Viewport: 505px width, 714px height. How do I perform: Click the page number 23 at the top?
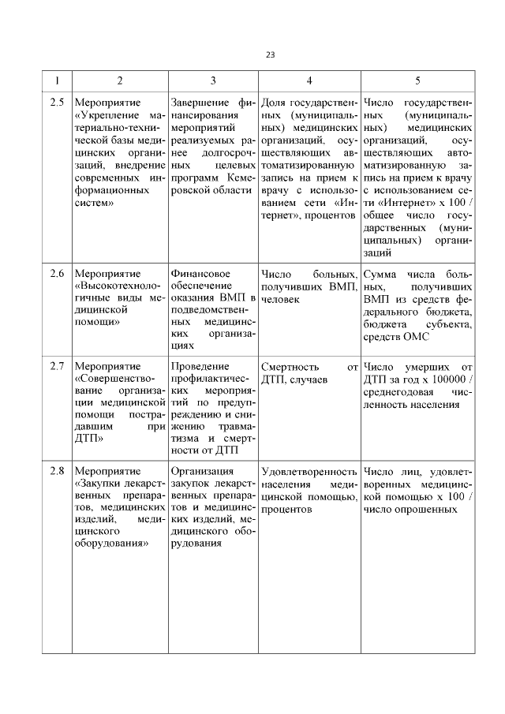271,54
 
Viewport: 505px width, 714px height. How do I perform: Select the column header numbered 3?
213,80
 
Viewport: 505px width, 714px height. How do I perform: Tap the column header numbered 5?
417,80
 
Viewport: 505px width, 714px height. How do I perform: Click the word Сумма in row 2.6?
380,274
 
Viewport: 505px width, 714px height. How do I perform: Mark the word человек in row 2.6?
280,301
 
